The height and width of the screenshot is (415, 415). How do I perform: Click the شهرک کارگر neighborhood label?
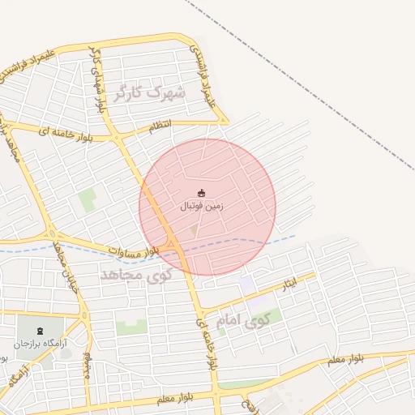[x=150, y=92]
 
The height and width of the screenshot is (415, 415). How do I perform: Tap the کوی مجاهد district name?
[x=137, y=276]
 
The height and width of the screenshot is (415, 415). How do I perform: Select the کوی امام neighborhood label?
[x=242, y=321]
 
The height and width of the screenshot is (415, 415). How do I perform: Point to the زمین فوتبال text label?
[x=202, y=207]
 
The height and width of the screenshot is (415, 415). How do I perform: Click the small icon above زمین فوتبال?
[x=202, y=193]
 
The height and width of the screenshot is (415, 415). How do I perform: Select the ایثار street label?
[x=289, y=285]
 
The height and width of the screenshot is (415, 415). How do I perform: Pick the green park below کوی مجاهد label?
[x=130, y=327]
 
